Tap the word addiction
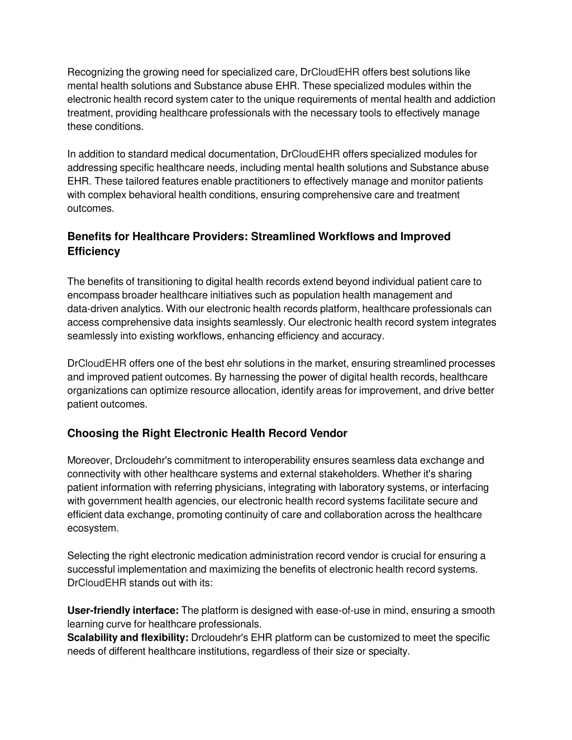[x=475, y=99]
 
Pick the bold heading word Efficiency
[x=94, y=251]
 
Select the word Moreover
[x=89, y=460]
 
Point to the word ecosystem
[x=93, y=528]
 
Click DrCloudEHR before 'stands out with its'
[x=97, y=583]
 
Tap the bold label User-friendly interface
[x=123, y=610]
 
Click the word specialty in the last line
[x=389, y=651]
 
